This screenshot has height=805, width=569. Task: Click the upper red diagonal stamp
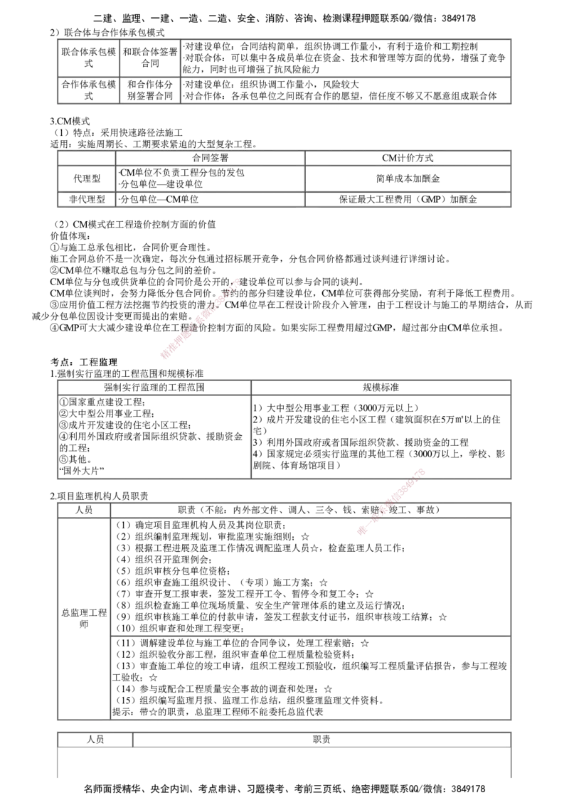(x=201, y=317)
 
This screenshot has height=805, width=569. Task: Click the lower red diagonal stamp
(x=392, y=501)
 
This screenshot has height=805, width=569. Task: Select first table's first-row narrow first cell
(x=85, y=58)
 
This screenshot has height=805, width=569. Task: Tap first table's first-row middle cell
(x=149, y=58)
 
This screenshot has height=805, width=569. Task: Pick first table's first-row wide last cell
(x=344, y=58)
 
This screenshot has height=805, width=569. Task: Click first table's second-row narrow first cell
(x=85, y=91)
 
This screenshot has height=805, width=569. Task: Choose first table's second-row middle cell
(x=149, y=91)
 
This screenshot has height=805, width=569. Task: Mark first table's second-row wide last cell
(x=344, y=91)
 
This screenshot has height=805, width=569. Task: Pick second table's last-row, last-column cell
(x=407, y=200)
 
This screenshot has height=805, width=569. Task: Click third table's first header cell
(x=153, y=387)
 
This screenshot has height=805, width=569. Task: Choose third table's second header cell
(x=381, y=387)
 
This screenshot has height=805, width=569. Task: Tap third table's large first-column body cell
(x=153, y=435)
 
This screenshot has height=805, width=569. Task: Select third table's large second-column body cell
(x=381, y=435)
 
